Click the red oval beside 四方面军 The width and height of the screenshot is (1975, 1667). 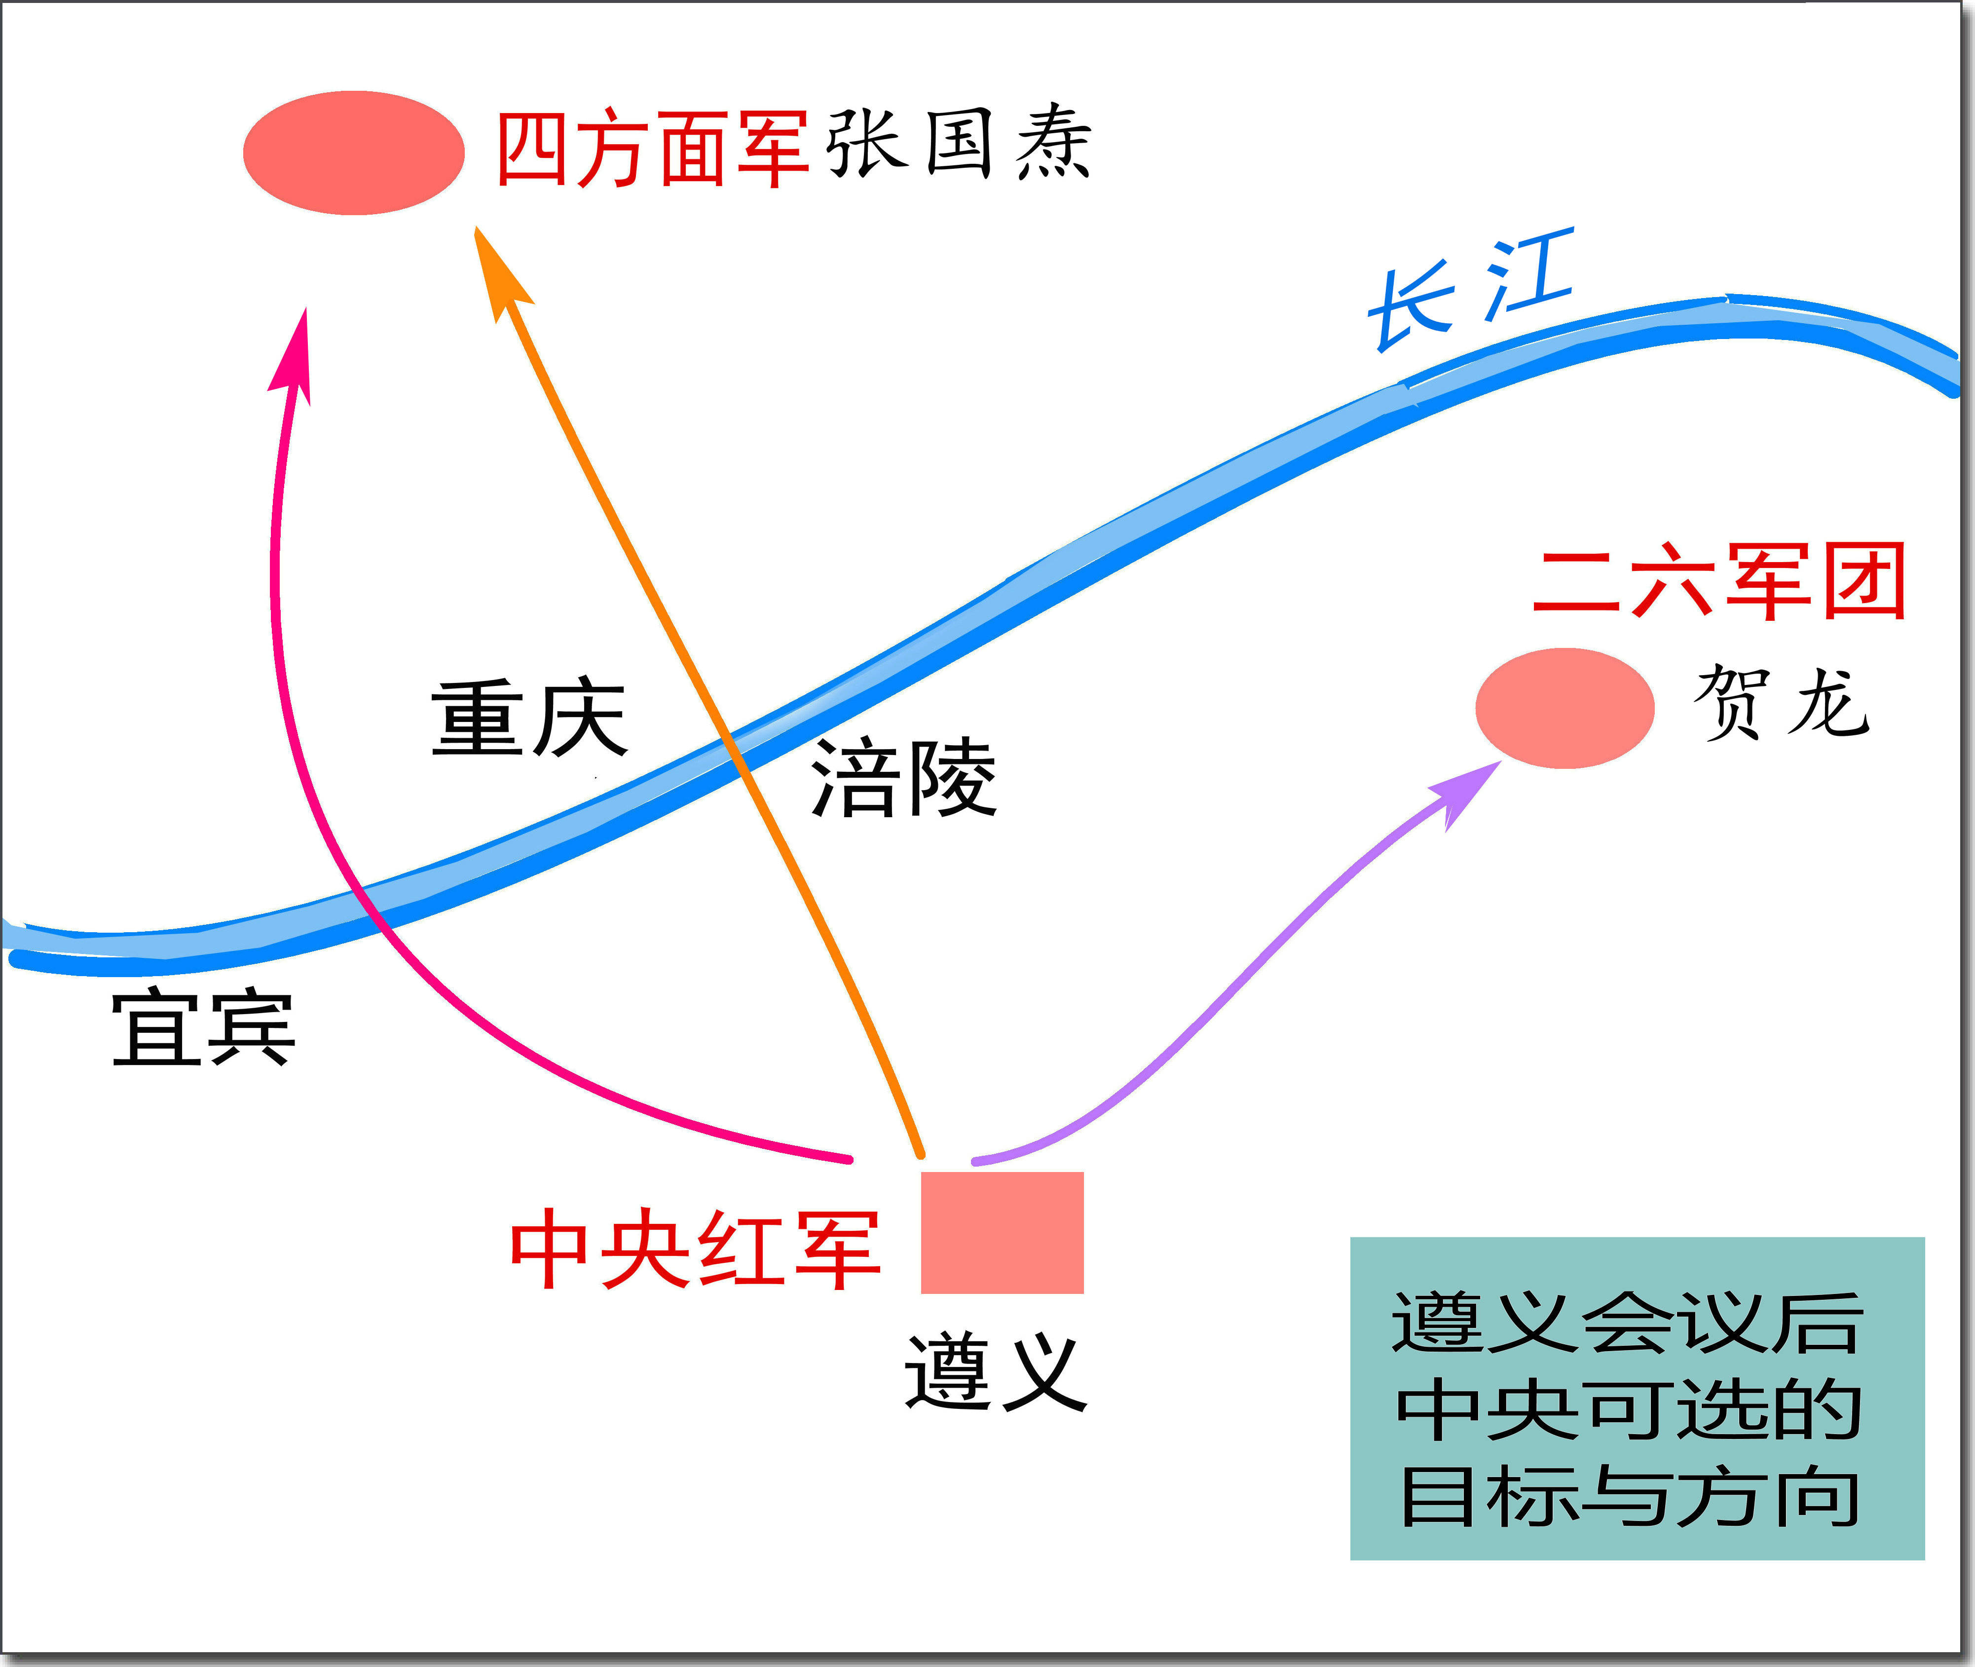(x=353, y=153)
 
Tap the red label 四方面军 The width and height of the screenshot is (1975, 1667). (x=652, y=150)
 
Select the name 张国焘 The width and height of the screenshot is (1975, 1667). (x=959, y=144)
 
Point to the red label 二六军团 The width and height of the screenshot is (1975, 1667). (x=1718, y=581)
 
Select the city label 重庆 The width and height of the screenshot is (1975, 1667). (x=529, y=718)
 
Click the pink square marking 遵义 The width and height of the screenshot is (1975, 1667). (x=1002, y=1232)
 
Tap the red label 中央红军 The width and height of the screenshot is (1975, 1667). (x=695, y=1250)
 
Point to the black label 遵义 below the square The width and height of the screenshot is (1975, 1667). (x=995, y=1372)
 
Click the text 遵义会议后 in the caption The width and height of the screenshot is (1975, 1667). (x=1627, y=1323)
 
